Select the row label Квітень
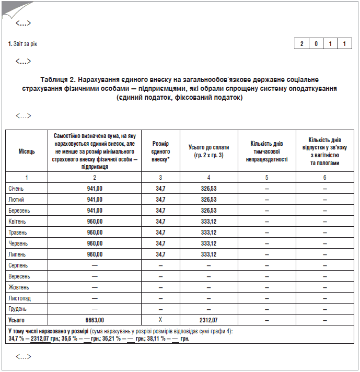pyautogui.click(x=17, y=221)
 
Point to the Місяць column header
pyautogui.click(x=27, y=152)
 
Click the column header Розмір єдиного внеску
pyautogui.click(x=160, y=152)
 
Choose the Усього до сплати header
pyautogui.click(x=208, y=152)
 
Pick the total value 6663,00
pyautogui.click(x=95, y=320)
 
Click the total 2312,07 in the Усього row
pyautogui.click(x=208, y=320)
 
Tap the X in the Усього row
pyautogui.click(x=160, y=320)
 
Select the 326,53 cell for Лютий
pyautogui.click(x=208, y=199)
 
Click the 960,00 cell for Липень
pyautogui.click(x=95, y=254)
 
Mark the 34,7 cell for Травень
pyautogui.click(x=160, y=232)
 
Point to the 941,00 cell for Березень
pyautogui.click(x=95, y=210)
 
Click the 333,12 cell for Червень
pyautogui.click(x=208, y=243)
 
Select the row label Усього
pyautogui.click(x=17, y=320)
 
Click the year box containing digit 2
pyautogui.click(x=302, y=44)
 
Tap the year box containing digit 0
pyautogui.click(x=316, y=44)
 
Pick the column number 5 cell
pyautogui.click(x=266, y=178)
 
